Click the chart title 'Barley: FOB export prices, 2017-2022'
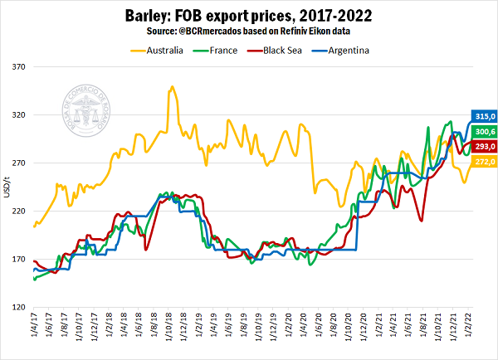(x=248, y=15)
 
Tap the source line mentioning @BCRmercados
(x=249, y=31)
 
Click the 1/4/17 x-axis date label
(x=35, y=325)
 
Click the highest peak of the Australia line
(x=171, y=86)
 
